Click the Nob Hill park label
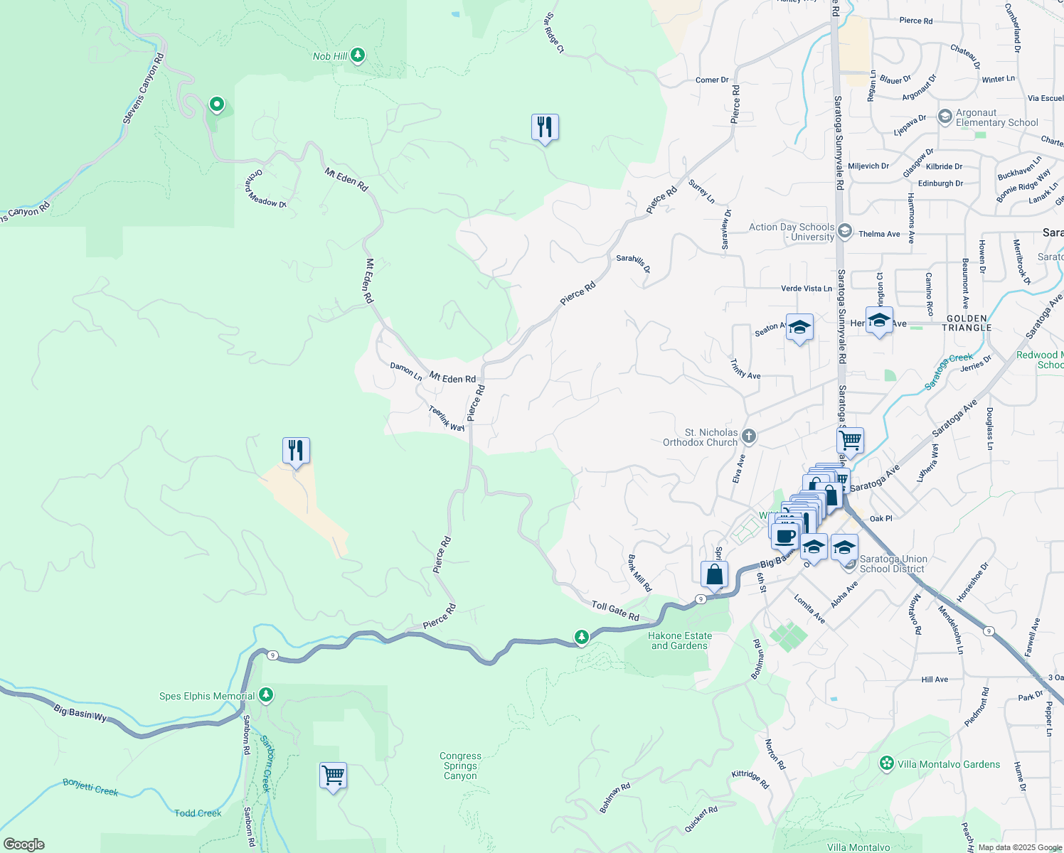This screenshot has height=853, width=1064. (x=330, y=56)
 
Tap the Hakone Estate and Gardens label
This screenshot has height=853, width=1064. (x=679, y=640)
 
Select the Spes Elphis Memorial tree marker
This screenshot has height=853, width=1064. (x=266, y=694)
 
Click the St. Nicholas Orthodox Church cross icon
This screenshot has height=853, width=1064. (x=748, y=436)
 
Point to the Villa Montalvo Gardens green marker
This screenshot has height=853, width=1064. (x=887, y=763)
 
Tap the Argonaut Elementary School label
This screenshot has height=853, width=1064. (x=996, y=117)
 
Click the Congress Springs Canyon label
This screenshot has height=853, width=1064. (x=460, y=766)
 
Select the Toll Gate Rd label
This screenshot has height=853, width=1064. (x=615, y=611)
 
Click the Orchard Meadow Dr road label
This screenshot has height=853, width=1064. (x=266, y=189)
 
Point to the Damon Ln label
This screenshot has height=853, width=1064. (x=406, y=371)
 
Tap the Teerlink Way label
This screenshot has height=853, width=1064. (x=447, y=418)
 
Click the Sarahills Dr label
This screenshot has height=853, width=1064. (x=633, y=263)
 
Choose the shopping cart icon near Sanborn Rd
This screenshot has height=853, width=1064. (x=333, y=775)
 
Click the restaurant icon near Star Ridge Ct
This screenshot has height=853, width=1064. (x=545, y=127)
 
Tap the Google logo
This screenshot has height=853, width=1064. (x=24, y=844)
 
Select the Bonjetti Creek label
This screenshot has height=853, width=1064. (x=90, y=787)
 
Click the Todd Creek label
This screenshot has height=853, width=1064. (x=198, y=812)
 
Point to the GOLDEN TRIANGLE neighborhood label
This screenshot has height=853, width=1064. (x=967, y=323)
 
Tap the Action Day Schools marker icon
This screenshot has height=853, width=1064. (x=845, y=230)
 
